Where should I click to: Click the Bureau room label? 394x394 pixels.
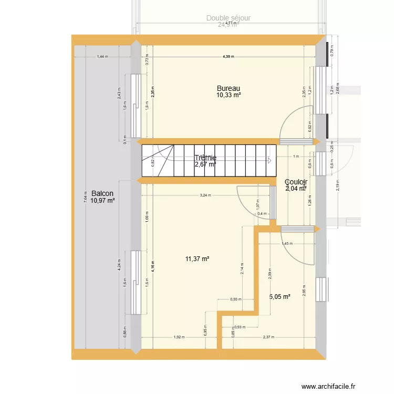[x=229, y=88]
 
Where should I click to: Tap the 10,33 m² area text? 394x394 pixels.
[x=229, y=96]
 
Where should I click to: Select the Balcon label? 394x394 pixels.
[x=102, y=193]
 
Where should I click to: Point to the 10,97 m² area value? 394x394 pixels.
[x=102, y=201]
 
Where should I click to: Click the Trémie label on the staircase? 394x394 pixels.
[x=205, y=158]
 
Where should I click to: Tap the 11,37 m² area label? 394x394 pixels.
[x=198, y=258]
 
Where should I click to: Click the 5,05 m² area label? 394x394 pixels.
[x=279, y=296]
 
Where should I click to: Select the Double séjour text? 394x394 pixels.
[x=228, y=18]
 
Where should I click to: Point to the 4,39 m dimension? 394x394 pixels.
[x=227, y=57]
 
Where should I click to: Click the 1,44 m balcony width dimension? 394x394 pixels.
[x=102, y=57]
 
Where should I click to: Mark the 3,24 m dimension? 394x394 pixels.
[x=205, y=195]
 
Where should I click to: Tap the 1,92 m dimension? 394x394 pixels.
[x=179, y=337]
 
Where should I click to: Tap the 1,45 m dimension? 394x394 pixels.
[x=287, y=243]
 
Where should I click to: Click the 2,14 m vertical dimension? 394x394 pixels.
[x=243, y=269]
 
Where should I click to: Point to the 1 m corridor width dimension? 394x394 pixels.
[x=296, y=157]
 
